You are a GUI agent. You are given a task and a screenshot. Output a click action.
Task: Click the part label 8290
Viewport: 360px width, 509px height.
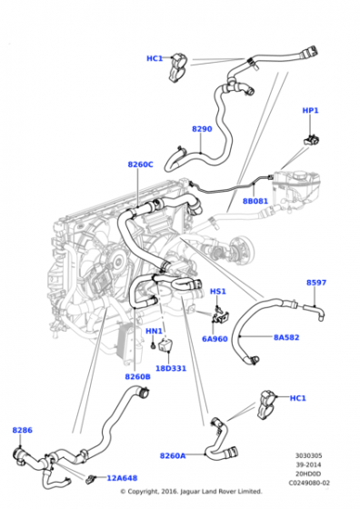point(202,129)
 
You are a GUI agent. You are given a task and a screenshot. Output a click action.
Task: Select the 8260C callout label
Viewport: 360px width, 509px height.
point(140,165)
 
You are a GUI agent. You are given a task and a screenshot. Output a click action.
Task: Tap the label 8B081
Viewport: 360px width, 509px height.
point(255,201)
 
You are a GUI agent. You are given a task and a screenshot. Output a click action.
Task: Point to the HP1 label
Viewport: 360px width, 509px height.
point(310,110)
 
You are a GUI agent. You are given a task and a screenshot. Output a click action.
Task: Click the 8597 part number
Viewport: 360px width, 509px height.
point(316,283)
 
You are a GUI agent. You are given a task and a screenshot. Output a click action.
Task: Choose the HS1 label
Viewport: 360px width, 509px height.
point(218,291)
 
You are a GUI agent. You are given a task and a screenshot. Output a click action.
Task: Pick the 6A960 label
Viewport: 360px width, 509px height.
point(215,339)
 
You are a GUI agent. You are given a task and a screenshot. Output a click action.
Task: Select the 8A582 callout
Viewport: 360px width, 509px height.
point(286,337)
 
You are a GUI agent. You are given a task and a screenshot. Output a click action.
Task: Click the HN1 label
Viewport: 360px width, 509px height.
point(154,331)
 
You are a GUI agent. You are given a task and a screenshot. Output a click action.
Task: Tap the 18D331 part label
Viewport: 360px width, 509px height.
point(171,368)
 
